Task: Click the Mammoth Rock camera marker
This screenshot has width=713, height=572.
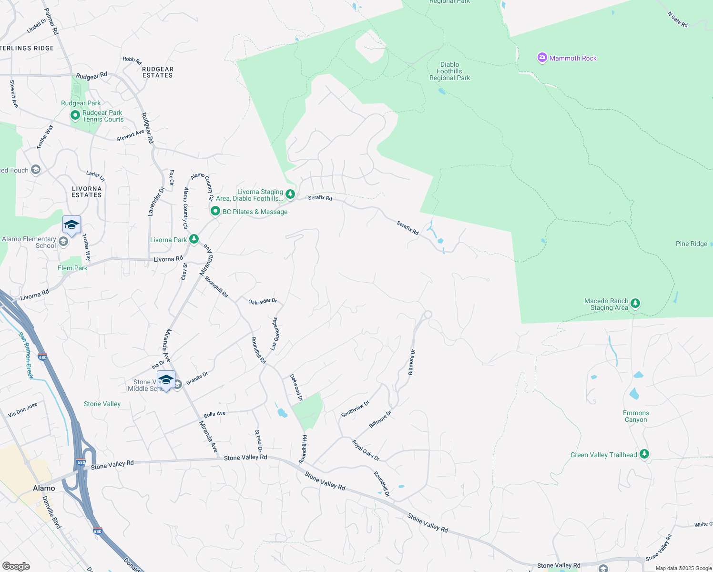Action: [x=542, y=58]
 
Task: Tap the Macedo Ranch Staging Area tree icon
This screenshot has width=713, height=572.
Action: [x=635, y=304]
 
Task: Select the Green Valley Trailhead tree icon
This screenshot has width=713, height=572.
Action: [x=644, y=454]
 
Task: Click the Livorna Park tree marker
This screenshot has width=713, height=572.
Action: [x=194, y=239]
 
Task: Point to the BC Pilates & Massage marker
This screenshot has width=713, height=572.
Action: [x=215, y=211]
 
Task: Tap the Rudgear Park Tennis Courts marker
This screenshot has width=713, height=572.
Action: [x=75, y=115]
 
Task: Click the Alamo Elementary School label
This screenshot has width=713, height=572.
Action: [x=29, y=242]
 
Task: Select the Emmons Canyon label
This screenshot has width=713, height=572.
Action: [x=636, y=416]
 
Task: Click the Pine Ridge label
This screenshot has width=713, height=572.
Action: [x=691, y=244]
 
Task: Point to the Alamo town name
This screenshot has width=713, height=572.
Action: [x=44, y=488]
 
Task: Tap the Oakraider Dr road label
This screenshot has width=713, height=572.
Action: [x=262, y=301]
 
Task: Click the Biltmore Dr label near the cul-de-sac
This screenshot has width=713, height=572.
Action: [x=412, y=362]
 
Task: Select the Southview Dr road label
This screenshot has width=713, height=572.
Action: [x=355, y=409]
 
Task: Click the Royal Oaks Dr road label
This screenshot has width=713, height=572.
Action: [x=366, y=450]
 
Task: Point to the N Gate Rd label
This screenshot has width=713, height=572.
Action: [x=677, y=20]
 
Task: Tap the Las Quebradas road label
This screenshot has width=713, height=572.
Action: [x=275, y=334]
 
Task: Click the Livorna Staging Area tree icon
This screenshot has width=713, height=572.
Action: [x=290, y=194]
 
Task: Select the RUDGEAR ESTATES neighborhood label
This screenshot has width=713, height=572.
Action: [x=158, y=72]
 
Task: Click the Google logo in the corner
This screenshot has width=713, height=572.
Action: [x=16, y=566]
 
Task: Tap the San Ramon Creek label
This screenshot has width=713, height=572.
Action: [x=26, y=355]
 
